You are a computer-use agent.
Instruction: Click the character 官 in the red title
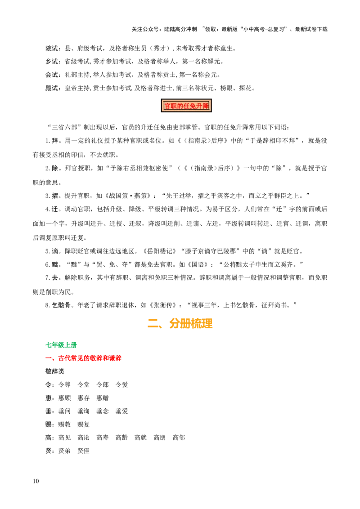167,106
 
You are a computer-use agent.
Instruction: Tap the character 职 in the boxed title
173,106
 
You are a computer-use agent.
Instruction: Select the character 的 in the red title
180,106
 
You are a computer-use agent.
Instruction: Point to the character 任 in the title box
186,106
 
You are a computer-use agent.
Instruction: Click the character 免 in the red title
193,106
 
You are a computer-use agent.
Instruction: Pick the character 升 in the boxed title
199,106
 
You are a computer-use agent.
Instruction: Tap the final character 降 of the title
206,106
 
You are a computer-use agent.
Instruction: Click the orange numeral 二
153,323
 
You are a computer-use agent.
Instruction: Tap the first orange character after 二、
175,324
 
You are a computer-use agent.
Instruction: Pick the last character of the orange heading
207,324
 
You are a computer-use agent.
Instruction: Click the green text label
62,345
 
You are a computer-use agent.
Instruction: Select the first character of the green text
47,345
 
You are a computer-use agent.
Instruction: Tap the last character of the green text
76,345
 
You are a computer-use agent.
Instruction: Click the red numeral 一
47,358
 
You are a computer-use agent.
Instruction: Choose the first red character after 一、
61,358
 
